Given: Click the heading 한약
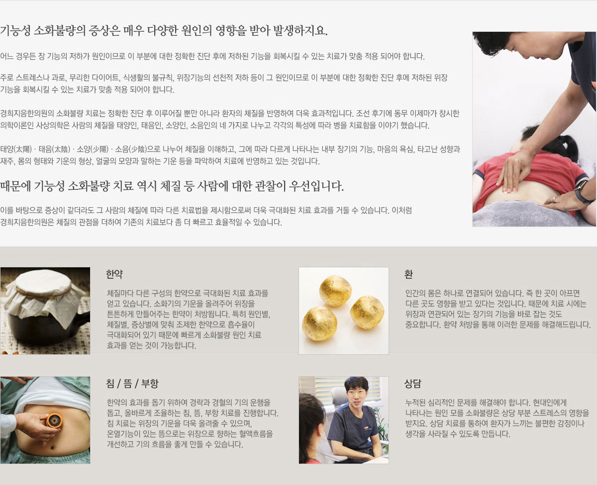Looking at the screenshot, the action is tap(114, 274).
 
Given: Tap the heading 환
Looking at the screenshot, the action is tap(408, 274).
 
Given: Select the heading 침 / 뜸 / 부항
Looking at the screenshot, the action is tap(132, 384).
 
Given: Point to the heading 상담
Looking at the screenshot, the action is tap(412, 384).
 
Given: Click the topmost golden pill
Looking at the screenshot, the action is tap(335, 290).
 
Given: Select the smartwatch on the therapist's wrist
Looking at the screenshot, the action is tap(583, 191).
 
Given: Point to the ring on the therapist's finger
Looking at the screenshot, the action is tap(554, 199).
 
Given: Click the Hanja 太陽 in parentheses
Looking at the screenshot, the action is tap(23, 149).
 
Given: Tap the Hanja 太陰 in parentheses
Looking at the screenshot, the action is tap(61, 149).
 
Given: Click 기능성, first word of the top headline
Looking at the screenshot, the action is tap(15, 30).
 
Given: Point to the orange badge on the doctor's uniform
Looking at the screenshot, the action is tap(367, 427).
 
